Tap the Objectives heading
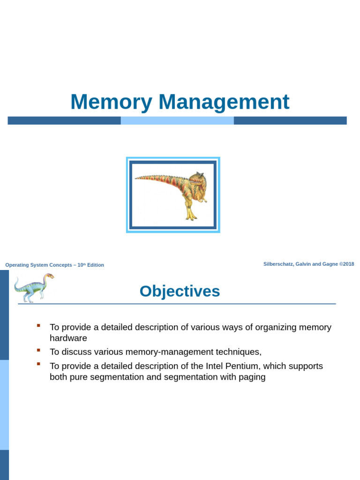(180, 291)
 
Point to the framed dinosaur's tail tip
(137, 178)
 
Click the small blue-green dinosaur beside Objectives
(33, 287)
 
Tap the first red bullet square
(39, 325)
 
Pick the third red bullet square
(39, 364)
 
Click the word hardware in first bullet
(68, 338)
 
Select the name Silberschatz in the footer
(278, 264)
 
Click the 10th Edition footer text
(90, 265)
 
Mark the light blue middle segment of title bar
(177, 120)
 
